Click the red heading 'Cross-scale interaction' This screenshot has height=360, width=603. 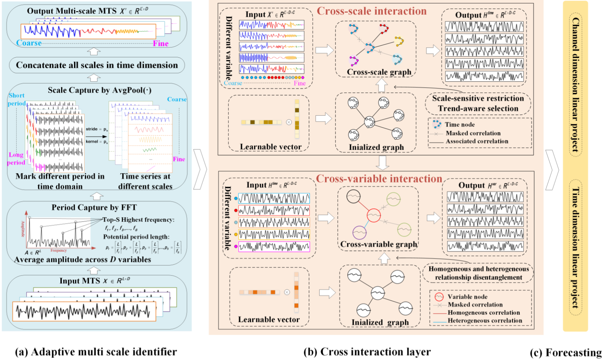pyautogui.click(x=372, y=11)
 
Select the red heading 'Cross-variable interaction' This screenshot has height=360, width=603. pyautogui.click(x=379, y=179)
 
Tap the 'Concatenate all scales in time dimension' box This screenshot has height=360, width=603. pyautogui.click(x=97, y=65)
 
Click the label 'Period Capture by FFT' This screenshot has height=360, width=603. pyautogui.click(x=94, y=207)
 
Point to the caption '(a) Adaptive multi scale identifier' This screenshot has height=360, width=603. pyautogui.click(x=96, y=352)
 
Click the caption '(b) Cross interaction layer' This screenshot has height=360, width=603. pyautogui.click(x=367, y=352)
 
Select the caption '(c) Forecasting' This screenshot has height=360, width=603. pyautogui.click(x=566, y=353)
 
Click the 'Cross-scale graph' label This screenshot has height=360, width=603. pyautogui.click(x=379, y=72)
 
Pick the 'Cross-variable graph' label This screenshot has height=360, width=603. pyautogui.click(x=378, y=244)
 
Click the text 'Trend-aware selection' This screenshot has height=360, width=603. pyautogui.click(x=478, y=109)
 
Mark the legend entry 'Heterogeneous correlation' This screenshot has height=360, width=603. pyautogui.click(x=485, y=321)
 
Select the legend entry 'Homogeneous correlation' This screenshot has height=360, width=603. pyautogui.click(x=484, y=313)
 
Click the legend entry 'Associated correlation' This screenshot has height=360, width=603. pyautogui.click(x=477, y=141)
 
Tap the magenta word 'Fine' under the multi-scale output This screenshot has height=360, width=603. pyautogui.click(x=161, y=44)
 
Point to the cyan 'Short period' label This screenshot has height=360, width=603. pyautogui.click(x=16, y=99)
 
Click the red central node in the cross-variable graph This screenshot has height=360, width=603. pyautogui.click(x=374, y=215)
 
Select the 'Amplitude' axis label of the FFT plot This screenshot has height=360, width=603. pyautogui.click(x=23, y=229)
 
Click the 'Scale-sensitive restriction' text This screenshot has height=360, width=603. pyautogui.click(x=478, y=98)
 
